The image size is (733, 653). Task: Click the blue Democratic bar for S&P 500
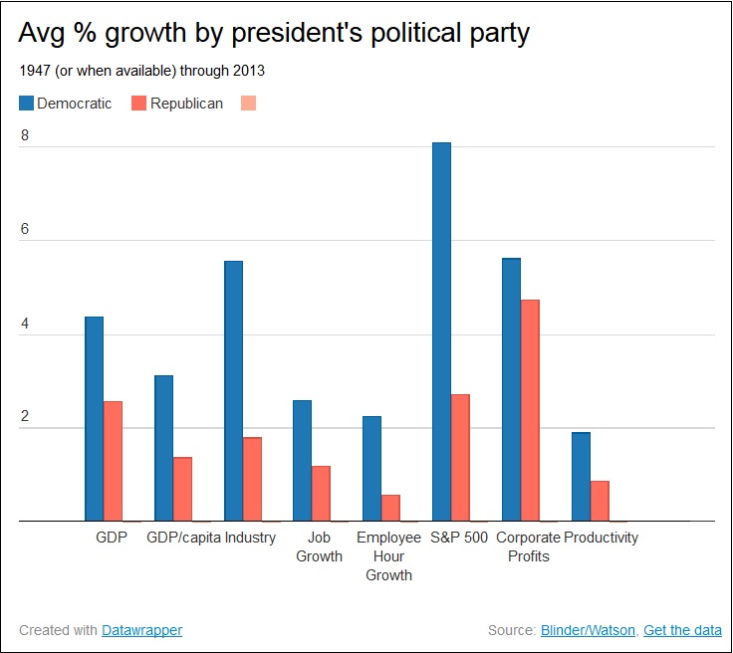coord(441,331)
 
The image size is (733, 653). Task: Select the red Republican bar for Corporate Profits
coord(530,410)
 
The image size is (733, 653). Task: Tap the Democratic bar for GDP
coord(94,418)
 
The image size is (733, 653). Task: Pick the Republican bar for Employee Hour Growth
coord(390,508)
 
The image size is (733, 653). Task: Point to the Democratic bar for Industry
coord(233,390)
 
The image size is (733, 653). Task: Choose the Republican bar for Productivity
coord(600,501)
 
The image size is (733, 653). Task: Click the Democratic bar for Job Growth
coord(302,460)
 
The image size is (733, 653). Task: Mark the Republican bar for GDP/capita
coord(182,489)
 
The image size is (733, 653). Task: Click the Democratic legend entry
coord(65,103)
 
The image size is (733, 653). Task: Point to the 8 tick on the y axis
coord(25,136)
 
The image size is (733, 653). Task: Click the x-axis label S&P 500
coord(460,538)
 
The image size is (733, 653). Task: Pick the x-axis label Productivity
coord(601,538)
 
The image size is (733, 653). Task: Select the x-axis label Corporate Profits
coord(529,546)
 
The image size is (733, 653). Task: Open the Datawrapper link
coord(141,630)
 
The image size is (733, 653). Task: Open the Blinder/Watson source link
coord(587,630)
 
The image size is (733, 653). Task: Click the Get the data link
coord(682,630)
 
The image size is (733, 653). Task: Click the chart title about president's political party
coord(274,33)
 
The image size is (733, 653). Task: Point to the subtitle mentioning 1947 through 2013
coord(141,72)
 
